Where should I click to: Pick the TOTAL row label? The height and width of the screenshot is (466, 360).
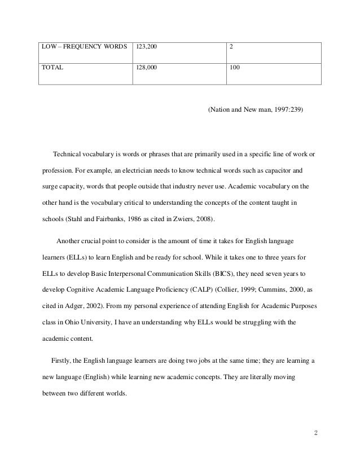pyautogui.click(x=52, y=66)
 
